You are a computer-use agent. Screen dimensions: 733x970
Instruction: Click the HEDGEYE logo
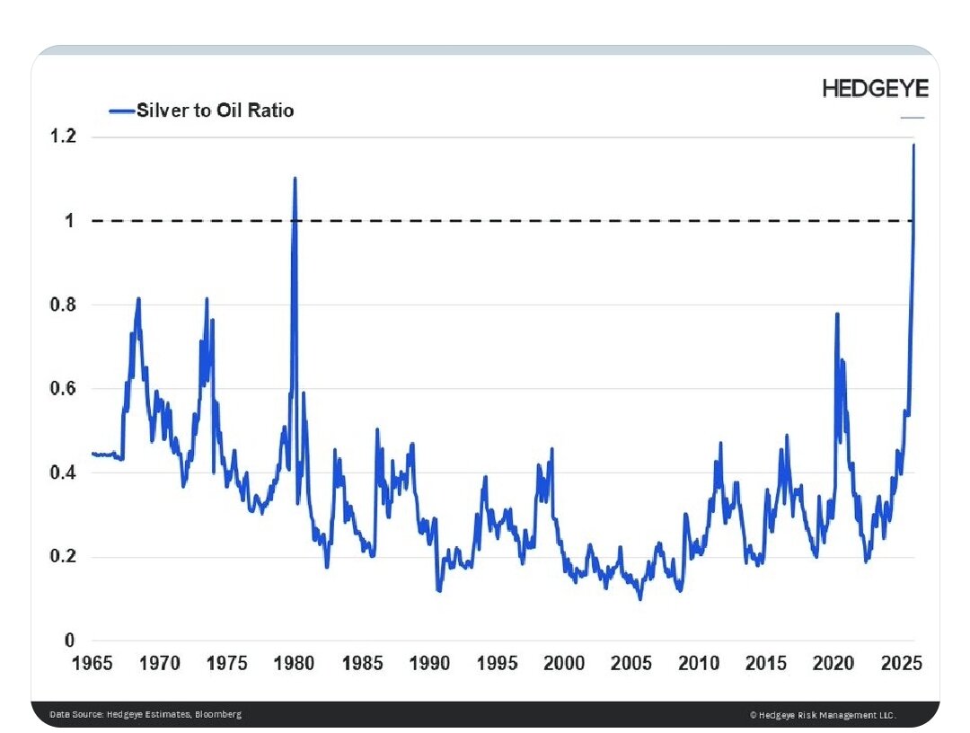coord(876,88)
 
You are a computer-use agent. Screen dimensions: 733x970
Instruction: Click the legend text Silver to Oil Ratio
coord(215,110)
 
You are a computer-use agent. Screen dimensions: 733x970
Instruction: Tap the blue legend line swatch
coord(121,110)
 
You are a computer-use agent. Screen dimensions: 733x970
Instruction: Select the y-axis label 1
coord(68,221)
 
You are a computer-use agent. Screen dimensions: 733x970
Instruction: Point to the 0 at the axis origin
coord(68,640)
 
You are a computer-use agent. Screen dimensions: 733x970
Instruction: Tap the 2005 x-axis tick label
coord(632,664)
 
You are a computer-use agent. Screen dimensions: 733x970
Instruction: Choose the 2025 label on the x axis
coord(902,664)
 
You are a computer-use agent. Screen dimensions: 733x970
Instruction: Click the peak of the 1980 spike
coord(295,178)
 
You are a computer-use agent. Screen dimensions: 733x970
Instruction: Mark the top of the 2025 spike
coord(913,145)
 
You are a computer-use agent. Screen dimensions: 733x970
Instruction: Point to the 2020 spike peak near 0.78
coord(837,314)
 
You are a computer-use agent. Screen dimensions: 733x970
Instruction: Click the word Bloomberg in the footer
coord(219,714)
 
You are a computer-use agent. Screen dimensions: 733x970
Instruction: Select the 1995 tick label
coord(497,664)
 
